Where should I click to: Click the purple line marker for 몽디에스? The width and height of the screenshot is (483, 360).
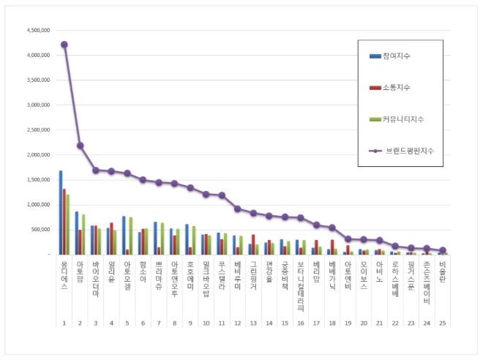[64, 44]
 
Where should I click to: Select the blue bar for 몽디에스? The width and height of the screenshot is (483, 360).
[61, 212]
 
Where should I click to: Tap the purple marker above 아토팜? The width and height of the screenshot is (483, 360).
[80, 145]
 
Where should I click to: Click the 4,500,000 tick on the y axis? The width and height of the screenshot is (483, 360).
[37, 30]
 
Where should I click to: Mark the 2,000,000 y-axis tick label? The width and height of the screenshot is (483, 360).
[37, 155]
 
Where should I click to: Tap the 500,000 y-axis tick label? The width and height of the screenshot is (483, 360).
[39, 230]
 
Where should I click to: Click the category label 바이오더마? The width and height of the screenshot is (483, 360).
[96, 274]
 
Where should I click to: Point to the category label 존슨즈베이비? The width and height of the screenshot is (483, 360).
[427, 277]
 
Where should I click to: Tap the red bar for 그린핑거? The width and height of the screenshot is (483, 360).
[253, 244]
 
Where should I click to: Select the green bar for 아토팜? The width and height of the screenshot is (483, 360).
[83, 234]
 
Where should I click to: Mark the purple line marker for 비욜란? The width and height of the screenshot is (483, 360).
[442, 250]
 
